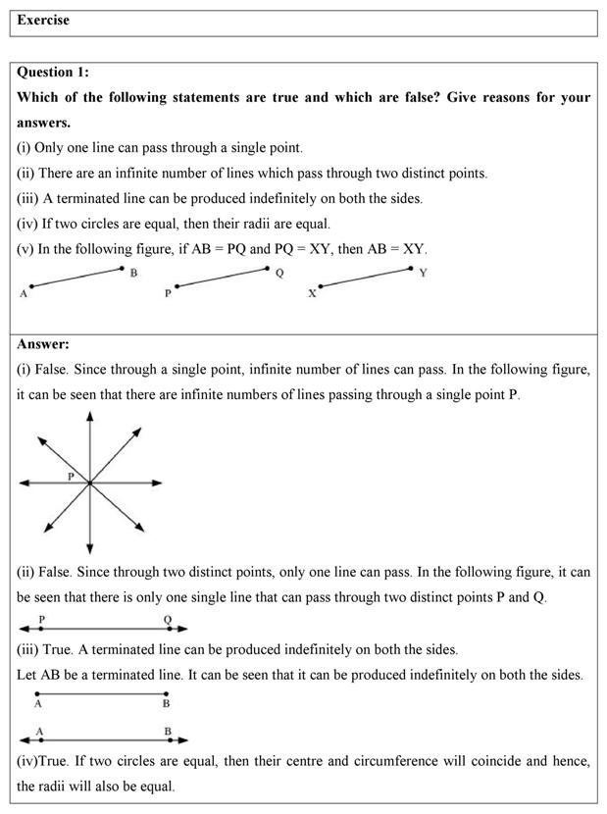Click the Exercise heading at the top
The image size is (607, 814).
coord(43,21)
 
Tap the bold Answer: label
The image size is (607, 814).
coord(43,344)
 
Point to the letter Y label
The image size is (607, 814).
coord(423,273)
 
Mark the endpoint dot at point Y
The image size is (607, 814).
coord(412,267)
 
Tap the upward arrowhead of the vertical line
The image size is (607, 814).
coord(90,416)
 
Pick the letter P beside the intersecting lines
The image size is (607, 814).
coord(71,475)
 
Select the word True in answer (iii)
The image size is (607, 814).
coord(60,649)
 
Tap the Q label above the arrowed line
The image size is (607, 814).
coord(168,619)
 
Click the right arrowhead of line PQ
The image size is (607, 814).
coord(182,629)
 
